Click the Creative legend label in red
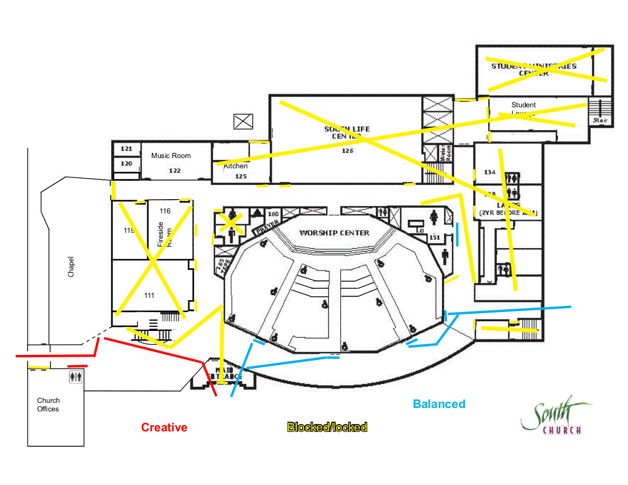(x=164, y=427)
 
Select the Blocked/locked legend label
(x=327, y=427)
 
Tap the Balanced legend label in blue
(x=438, y=404)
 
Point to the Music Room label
(x=171, y=155)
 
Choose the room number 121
(x=126, y=148)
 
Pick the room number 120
(x=126, y=163)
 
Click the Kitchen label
(x=236, y=166)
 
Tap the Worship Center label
(x=334, y=233)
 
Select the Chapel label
(x=71, y=266)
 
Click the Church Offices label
(x=49, y=405)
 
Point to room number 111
(x=150, y=295)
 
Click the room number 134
(x=489, y=172)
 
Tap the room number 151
(x=434, y=237)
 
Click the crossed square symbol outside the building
(x=243, y=121)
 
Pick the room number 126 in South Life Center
(x=347, y=151)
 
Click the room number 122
(x=175, y=170)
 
